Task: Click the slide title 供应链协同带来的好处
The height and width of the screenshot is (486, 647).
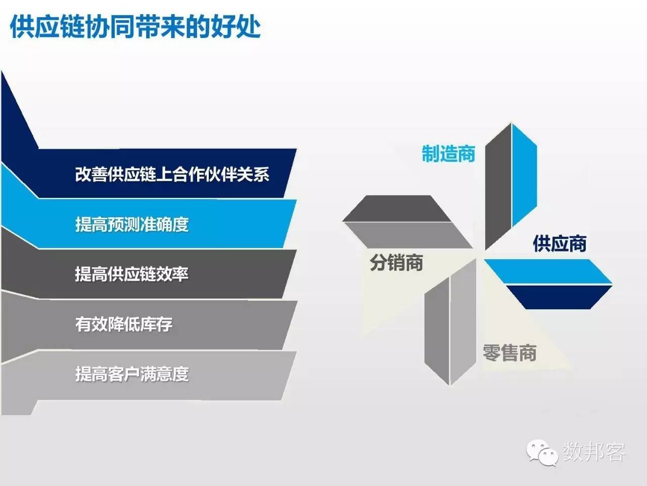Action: pyautogui.click(x=135, y=26)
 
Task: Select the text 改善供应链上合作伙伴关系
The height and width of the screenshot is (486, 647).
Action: pyautogui.click(x=172, y=175)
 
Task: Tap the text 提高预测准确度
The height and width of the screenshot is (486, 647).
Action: pyautogui.click(x=132, y=224)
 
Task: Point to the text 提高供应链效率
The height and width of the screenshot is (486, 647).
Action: pyautogui.click(x=131, y=274)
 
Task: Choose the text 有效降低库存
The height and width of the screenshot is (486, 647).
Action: pyautogui.click(x=124, y=324)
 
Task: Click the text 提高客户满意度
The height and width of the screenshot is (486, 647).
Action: pyautogui.click(x=132, y=374)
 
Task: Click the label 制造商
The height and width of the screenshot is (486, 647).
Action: pyautogui.click(x=448, y=153)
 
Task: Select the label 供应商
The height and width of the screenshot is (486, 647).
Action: pyautogui.click(x=560, y=244)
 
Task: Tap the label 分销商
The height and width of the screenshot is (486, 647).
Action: pyautogui.click(x=396, y=263)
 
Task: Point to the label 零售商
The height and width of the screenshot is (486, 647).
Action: pyautogui.click(x=509, y=353)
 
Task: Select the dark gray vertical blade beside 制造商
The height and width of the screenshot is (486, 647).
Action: pyautogui.click(x=498, y=187)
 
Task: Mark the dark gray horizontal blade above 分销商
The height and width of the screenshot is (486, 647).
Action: pyautogui.click(x=397, y=209)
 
